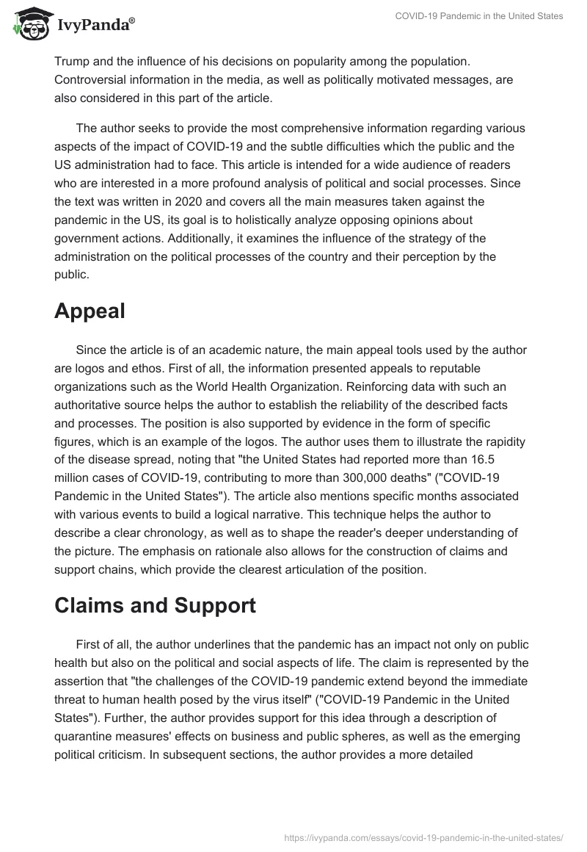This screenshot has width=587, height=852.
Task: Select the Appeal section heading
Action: click(x=90, y=311)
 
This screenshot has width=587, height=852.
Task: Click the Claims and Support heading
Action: click(x=155, y=605)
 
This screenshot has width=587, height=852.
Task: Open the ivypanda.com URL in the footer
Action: click(x=424, y=837)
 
